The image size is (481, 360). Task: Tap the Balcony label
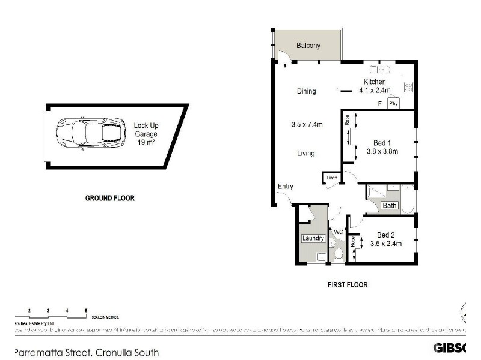click(x=308, y=46)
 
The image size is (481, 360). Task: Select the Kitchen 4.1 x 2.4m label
click(x=375, y=86)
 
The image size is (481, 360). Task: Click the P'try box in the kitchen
click(x=394, y=104)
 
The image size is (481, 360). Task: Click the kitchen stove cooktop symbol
click(x=409, y=88)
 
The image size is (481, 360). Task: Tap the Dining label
click(x=306, y=91)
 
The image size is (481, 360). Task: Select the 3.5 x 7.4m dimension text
click(x=307, y=125)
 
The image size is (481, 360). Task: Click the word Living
click(x=306, y=154)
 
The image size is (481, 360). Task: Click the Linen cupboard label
click(x=331, y=178)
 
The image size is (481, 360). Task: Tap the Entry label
click(x=285, y=187)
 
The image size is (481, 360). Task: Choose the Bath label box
click(x=390, y=205)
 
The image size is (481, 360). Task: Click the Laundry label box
click(x=313, y=238)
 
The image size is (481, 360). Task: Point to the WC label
click(x=338, y=232)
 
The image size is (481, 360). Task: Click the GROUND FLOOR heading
click(x=109, y=198)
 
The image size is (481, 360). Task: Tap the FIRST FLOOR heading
click(x=348, y=285)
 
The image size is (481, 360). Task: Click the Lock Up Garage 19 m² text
click(x=146, y=134)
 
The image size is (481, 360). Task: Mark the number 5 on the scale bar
click(x=87, y=310)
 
